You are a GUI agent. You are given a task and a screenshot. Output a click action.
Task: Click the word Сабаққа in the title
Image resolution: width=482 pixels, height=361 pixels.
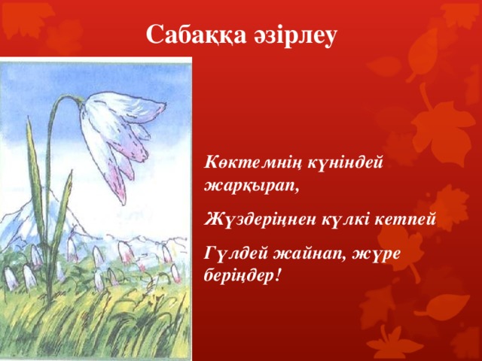[x=190, y=35]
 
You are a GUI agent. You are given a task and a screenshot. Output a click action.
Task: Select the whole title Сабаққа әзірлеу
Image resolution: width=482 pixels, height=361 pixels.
[x=241, y=35]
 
